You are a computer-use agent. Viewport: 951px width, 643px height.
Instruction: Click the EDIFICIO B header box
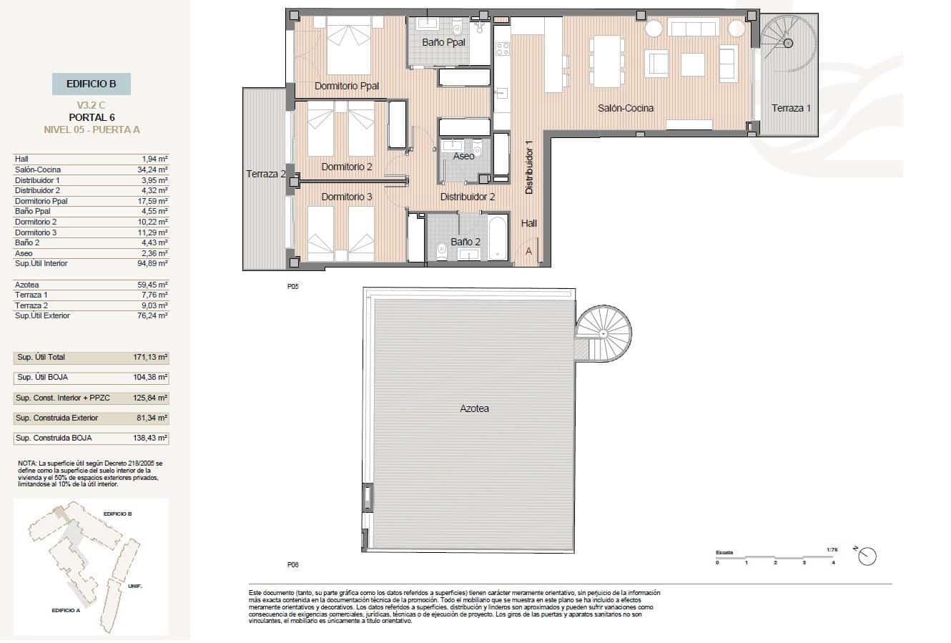pyautogui.click(x=91, y=84)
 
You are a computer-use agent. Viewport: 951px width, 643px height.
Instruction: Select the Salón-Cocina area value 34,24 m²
pyautogui.click(x=154, y=170)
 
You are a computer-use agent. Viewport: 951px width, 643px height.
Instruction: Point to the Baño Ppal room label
pyautogui.click(x=443, y=42)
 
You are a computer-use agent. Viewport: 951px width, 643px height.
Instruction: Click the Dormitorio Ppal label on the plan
pyautogui.click(x=346, y=86)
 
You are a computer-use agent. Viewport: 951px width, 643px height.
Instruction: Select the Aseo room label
pyautogui.click(x=463, y=156)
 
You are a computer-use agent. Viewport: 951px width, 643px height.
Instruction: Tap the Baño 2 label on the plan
pyautogui.click(x=465, y=242)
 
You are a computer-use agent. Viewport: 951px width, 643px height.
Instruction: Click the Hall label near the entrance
pyautogui.click(x=528, y=223)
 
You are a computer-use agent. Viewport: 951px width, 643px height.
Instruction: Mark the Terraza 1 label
pyautogui.click(x=791, y=108)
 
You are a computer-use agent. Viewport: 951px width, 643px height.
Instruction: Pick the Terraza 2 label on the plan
pyautogui.click(x=266, y=174)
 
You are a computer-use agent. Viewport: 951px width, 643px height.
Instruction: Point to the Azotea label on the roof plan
pyautogui.click(x=474, y=408)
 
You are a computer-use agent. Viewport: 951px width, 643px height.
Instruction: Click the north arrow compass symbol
pyautogui.click(x=867, y=556)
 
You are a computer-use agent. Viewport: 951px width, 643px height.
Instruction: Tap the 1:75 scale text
pyautogui.click(x=831, y=549)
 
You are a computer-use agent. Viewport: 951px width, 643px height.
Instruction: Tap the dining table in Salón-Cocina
pyautogui.click(x=606, y=61)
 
